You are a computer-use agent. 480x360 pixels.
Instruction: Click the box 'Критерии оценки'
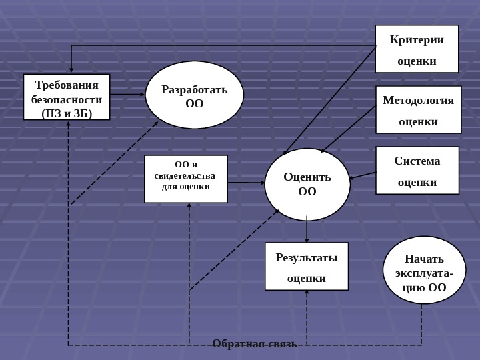(x=417, y=49)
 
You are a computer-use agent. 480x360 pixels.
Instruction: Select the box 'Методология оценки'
(x=418, y=109)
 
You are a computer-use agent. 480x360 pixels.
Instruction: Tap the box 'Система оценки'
(x=417, y=170)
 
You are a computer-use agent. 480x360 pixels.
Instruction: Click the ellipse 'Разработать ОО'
(x=194, y=95)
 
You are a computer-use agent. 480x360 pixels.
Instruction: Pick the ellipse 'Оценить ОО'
(x=307, y=184)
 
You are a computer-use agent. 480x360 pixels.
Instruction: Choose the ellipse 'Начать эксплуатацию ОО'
(x=424, y=269)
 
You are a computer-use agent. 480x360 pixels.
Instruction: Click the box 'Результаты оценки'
(x=306, y=266)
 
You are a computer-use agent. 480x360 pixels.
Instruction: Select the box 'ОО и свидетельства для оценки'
(x=185, y=179)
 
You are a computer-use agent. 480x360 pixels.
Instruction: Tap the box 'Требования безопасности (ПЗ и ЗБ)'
(x=67, y=97)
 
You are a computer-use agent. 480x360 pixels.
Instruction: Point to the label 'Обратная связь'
(x=254, y=343)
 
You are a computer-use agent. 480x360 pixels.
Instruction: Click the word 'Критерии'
(x=417, y=39)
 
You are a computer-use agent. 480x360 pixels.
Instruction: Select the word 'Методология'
(x=418, y=100)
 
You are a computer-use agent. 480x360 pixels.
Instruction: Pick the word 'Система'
(x=417, y=161)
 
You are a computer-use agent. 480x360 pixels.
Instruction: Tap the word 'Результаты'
(x=307, y=257)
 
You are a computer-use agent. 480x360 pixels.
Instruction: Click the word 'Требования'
(x=67, y=85)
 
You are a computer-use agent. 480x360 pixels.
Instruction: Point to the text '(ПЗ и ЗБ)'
(x=67, y=113)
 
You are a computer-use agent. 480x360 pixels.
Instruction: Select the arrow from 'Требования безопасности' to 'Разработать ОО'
(x=127, y=95)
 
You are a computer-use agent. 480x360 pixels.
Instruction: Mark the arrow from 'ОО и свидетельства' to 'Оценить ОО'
(x=246, y=182)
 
